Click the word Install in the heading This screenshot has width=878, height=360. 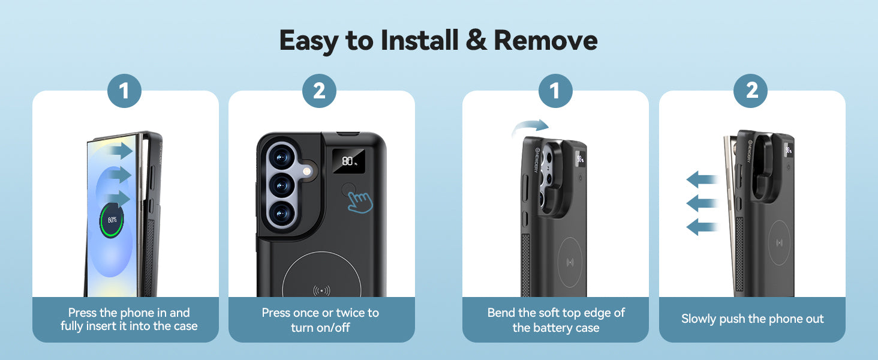point(419,40)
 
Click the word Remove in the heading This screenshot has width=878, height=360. point(546,40)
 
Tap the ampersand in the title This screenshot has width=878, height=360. point(476,40)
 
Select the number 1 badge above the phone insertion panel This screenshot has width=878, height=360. point(124,91)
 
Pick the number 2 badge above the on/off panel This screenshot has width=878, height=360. point(319,91)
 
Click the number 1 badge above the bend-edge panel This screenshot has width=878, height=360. point(555,91)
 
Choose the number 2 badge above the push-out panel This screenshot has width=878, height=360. point(750,91)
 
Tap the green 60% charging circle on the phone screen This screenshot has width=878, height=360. point(112,220)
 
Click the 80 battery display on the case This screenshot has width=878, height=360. point(348,161)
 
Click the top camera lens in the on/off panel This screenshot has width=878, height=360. point(281,158)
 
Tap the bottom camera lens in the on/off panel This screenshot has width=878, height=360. point(281,214)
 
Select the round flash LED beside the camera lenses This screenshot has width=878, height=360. point(307,172)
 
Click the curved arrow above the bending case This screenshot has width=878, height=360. point(529,126)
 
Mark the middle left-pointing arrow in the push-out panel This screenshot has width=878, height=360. point(702,203)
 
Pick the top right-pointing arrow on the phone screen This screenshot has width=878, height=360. point(121,151)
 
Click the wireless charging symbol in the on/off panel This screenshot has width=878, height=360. point(321,290)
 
